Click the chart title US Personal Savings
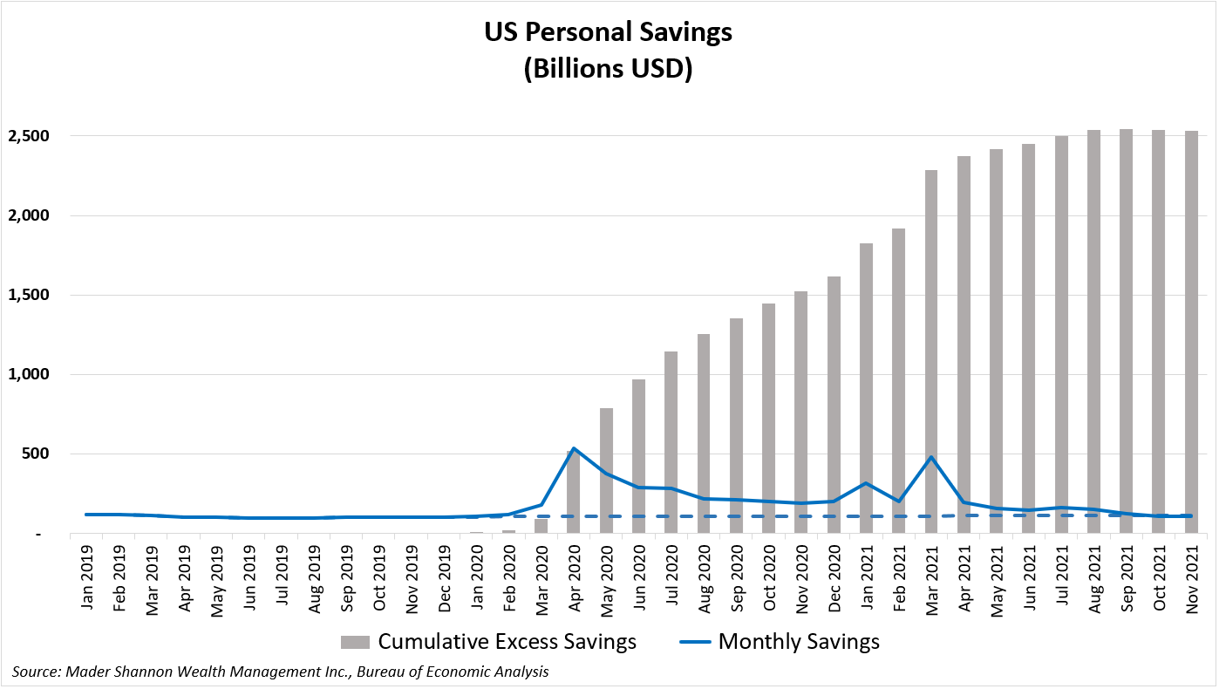[x=609, y=33]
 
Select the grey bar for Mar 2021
[x=931, y=349]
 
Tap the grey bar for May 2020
[x=607, y=471]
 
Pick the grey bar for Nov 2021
[x=1191, y=331]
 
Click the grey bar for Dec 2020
[x=834, y=401]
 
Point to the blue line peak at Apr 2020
[x=574, y=448]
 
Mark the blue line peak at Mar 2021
[x=931, y=457]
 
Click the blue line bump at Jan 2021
[x=866, y=483]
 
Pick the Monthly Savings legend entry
[x=780, y=643]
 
